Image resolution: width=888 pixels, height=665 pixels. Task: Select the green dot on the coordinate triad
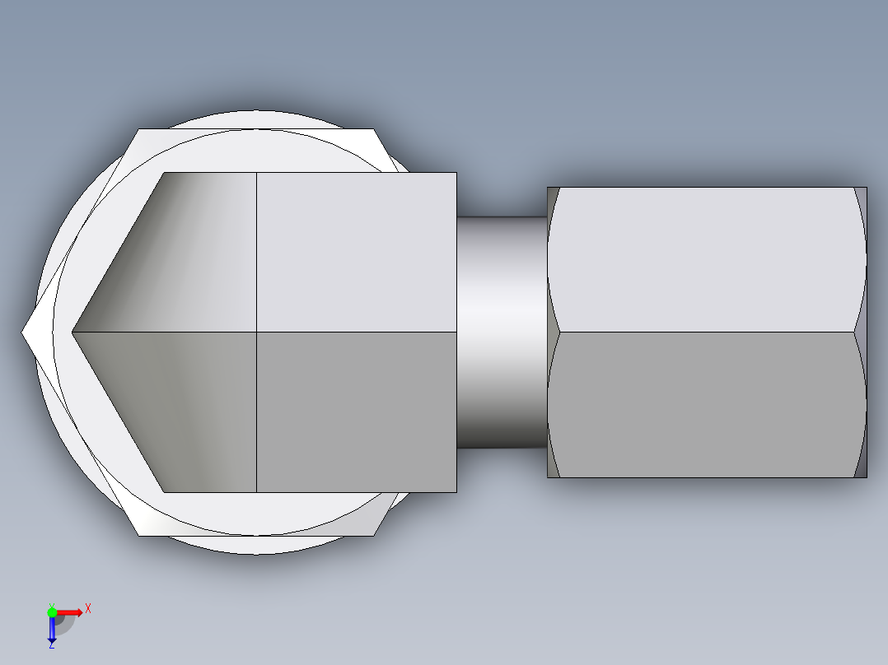[52, 611]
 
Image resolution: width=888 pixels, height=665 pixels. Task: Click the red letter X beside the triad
[87, 608]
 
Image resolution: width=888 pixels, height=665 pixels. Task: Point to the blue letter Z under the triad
[52, 645]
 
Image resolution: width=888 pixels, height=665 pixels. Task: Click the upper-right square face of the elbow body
[356, 252]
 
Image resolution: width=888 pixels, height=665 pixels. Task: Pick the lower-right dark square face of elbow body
[356, 412]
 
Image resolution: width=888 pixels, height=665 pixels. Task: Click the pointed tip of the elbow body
[74, 332]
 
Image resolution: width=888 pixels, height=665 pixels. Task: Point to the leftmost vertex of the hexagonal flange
[23, 332]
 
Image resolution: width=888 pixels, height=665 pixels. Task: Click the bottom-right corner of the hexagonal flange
[374, 535]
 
